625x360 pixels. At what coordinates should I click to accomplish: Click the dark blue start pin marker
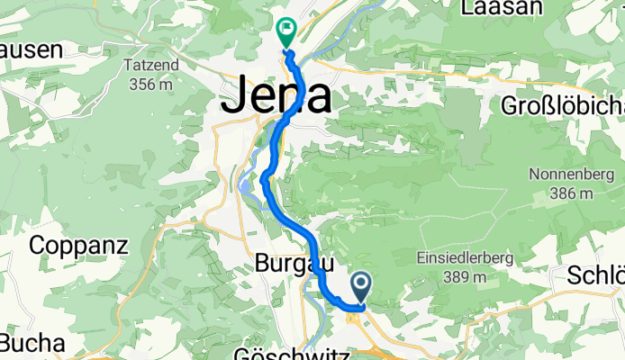click(361, 288)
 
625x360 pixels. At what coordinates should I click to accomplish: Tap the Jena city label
click(276, 97)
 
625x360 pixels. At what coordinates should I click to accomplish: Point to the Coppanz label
click(79, 245)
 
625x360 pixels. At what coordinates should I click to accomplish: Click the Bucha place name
click(32, 343)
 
